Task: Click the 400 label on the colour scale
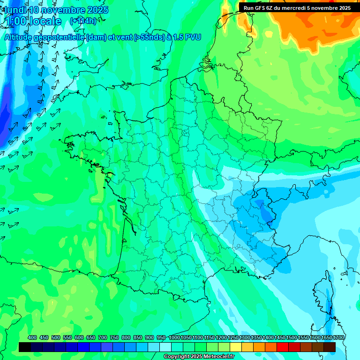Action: click(32, 337)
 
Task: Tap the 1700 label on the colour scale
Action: click(338, 337)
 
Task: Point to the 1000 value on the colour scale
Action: click(174, 337)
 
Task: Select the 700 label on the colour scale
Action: click(103, 337)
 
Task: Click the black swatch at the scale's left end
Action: click(25, 347)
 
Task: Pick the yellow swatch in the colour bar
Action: click(236, 347)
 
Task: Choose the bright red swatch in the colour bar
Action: click(283, 347)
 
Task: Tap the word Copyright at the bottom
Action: click(176, 357)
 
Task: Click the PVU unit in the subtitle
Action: click(193, 37)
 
